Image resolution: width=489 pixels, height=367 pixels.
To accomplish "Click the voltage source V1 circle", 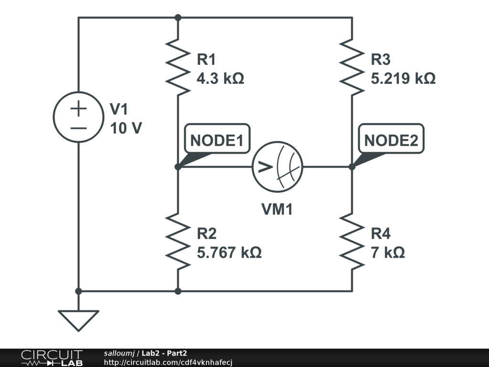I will (78, 117).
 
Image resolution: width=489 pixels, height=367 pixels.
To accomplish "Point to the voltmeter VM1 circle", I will (278, 167).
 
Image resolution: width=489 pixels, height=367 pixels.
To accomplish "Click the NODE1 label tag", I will (217, 140).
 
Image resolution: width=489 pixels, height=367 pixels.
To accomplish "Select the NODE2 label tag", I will (391, 140).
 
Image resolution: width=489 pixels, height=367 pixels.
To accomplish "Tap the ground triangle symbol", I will (78, 320).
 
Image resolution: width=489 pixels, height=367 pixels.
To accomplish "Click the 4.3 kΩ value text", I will (220, 78).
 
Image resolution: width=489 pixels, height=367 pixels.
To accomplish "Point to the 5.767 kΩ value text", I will (229, 252).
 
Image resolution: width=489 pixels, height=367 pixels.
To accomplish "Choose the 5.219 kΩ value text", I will (403, 78).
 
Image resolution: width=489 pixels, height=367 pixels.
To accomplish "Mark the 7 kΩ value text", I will (388, 252).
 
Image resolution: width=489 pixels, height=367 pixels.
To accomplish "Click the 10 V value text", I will (126, 128).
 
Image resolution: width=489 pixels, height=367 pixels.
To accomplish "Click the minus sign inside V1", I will (78, 128).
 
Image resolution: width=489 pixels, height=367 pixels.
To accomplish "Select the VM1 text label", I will (276, 209).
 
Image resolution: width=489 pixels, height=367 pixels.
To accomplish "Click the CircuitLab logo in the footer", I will (52, 358).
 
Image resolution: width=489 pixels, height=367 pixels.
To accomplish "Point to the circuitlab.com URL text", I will (168, 363).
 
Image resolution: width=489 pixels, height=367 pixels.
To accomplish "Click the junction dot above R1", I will (178, 18).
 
